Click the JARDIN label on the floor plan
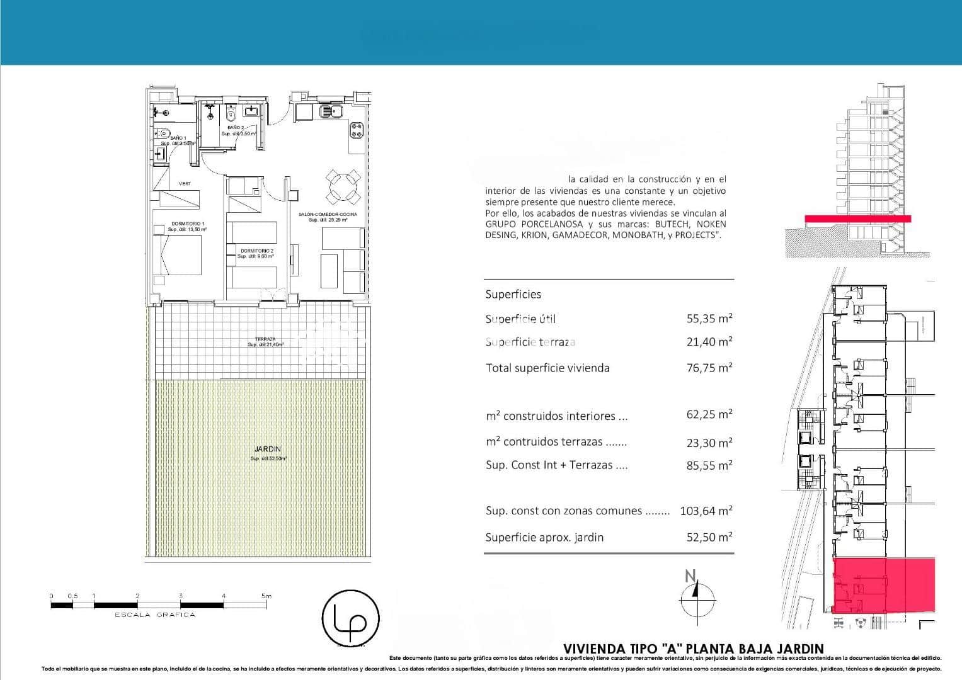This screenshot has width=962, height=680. point(267,449)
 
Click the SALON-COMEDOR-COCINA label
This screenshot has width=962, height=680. point(328,215)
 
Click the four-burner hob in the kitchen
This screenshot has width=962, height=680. point(357,130)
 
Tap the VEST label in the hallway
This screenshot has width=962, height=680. point(185,184)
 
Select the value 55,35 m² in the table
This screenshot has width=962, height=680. point(709,319)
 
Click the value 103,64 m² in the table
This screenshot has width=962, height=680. point(706,511)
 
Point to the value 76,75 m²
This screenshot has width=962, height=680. point(709,368)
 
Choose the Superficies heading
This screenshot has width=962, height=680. point(513,294)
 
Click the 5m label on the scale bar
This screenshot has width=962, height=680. point(265,596)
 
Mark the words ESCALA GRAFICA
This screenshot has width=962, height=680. point(154,615)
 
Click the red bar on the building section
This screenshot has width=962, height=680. point(857,218)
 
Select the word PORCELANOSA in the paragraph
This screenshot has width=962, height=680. point(551,224)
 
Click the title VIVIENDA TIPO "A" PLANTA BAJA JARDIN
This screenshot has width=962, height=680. point(693,649)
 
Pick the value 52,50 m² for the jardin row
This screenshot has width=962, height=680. point(709,537)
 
